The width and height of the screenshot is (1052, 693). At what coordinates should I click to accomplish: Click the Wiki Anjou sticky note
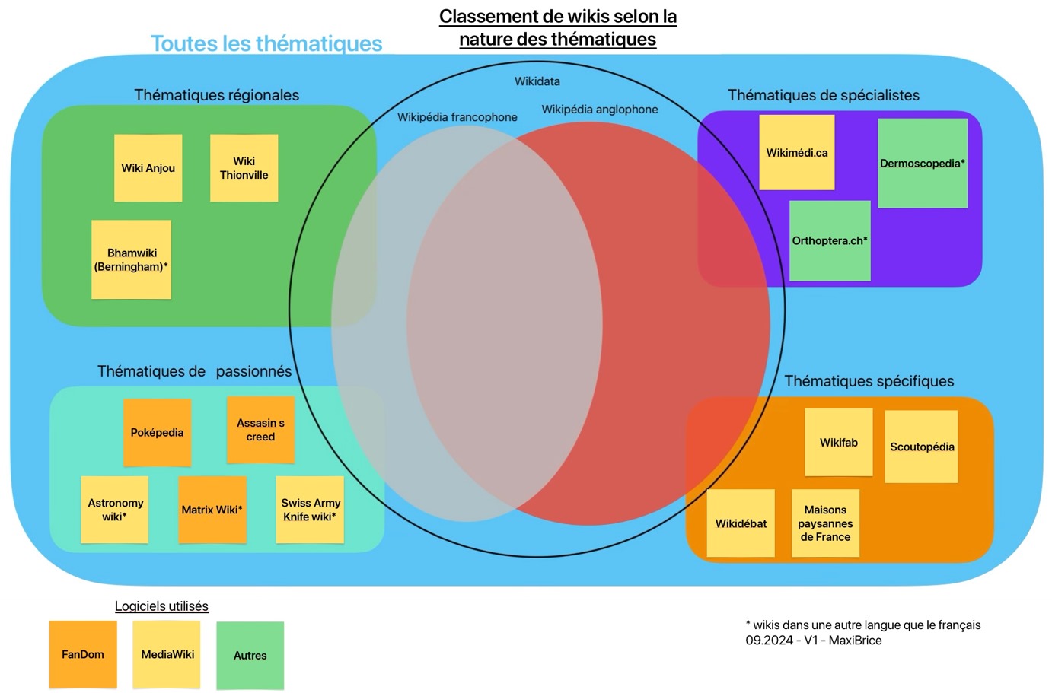148,168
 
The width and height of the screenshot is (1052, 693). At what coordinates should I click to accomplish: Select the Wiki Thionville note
244,168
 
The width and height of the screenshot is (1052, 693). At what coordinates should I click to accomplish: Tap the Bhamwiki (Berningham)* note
131,259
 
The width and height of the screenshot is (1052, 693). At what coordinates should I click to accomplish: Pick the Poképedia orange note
157,432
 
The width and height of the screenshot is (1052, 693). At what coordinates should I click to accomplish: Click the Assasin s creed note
260,430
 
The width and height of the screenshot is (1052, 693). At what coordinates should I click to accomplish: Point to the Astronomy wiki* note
115,510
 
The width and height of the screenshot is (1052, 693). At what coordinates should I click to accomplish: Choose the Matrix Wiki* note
212,510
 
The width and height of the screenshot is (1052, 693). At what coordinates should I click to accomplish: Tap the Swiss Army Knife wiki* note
310,510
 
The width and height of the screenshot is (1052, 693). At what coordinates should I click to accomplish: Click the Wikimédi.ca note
797,152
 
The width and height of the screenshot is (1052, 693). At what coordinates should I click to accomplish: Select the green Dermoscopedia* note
923,163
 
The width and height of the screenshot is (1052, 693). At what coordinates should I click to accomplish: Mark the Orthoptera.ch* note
830,240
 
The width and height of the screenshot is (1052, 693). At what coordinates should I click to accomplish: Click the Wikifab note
839,442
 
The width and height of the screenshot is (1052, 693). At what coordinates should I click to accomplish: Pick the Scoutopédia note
921,447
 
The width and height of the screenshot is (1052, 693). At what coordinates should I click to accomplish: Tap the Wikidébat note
741,523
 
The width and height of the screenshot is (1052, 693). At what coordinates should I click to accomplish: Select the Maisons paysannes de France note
825,523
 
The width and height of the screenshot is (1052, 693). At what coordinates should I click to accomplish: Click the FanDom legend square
83,654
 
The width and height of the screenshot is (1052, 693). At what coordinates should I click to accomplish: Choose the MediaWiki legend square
167,654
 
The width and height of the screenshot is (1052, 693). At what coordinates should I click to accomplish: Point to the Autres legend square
250,656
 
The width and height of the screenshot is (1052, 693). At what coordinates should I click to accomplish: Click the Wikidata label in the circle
537,81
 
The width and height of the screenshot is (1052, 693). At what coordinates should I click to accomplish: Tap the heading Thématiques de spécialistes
823,95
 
